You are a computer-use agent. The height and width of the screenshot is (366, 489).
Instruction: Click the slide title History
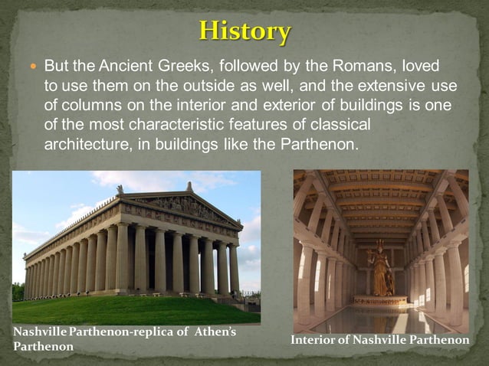[244, 31]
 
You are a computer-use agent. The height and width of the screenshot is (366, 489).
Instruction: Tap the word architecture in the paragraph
[84, 143]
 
